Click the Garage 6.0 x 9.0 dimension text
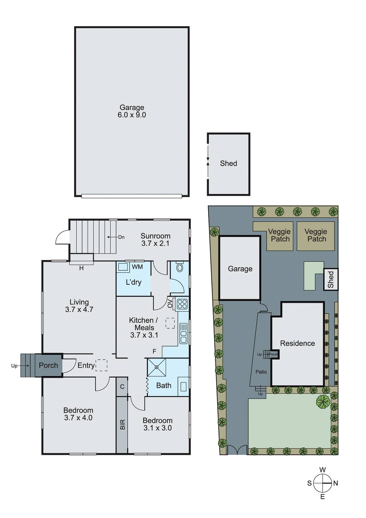(132, 115)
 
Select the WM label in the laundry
(137, 267)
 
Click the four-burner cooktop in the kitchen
(182, 304)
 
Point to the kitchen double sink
(183, 333)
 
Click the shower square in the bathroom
(157, 367)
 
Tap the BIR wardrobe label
(122, 424)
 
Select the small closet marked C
(122, 387)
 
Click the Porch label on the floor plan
(49, 365)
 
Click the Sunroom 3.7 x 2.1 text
(155, 240)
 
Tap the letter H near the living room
(82, 268)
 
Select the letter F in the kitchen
(154, 351)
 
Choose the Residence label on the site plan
(297, 343)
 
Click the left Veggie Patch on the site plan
(280, 235)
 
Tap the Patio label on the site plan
(261, 372)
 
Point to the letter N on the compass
(336, 483)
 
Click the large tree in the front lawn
(323, 401)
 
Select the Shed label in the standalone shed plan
(228, 163)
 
